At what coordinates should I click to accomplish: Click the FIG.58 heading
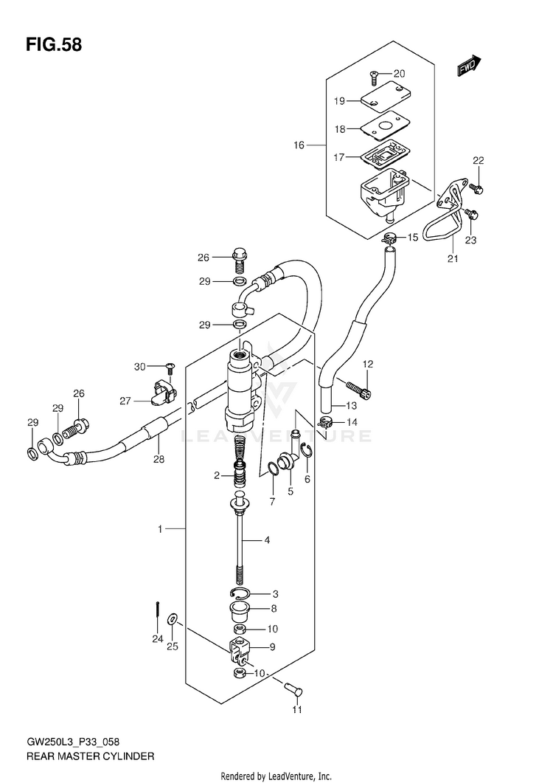[x=54, y=45]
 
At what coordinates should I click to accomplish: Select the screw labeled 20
[x=374, y=75]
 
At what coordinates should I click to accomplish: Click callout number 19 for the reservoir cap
[x=339, y=101]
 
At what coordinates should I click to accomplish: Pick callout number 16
[x=299, y=145]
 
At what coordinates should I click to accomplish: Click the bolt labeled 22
[x=477, y=188]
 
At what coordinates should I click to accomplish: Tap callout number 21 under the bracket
[x=453, y=259]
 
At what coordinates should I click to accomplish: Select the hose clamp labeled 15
[x=389, y=238]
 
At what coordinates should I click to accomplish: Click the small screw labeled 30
[x=168, y=370]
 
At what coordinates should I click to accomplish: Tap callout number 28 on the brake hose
[x=159, y=459]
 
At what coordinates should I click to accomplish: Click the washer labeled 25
[x=172, y=619]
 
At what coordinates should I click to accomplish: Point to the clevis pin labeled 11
[x=293, y=689]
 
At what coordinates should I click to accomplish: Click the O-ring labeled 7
[x=273, y=470]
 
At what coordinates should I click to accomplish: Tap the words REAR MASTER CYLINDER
[x=90, y=756]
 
